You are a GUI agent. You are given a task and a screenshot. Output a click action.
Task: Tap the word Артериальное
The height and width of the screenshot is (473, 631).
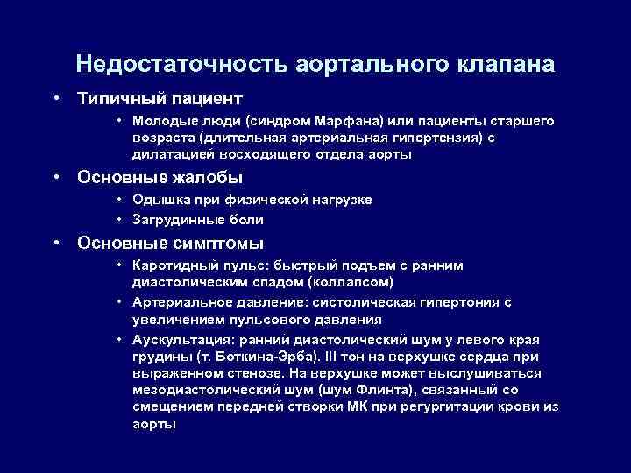point(178,302)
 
